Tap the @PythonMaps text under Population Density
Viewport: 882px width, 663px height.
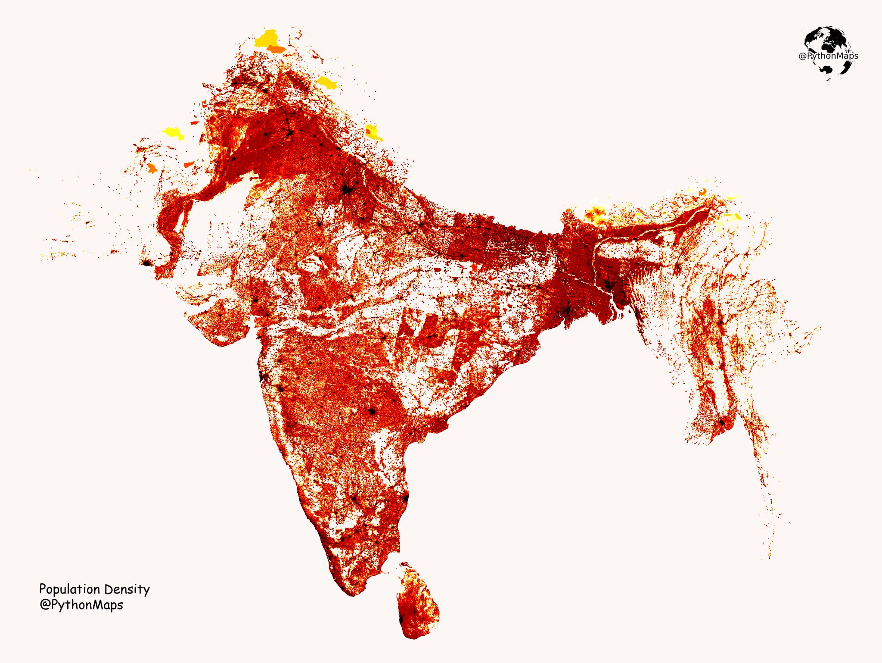(81, 605)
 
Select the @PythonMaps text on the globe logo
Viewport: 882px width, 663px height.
(828, 56)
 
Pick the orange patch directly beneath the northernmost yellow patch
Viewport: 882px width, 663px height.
(276, 50)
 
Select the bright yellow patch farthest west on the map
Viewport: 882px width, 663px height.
(173, 132)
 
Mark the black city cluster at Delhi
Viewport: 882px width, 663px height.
(347, 190)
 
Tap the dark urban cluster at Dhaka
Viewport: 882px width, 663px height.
(608, 285)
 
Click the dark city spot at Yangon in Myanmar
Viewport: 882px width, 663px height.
(722, 422)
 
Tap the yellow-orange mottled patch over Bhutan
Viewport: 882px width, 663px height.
(596, 215)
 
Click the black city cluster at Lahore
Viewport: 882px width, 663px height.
(290, 132)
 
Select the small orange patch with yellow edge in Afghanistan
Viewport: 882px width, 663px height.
(152, 168)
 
